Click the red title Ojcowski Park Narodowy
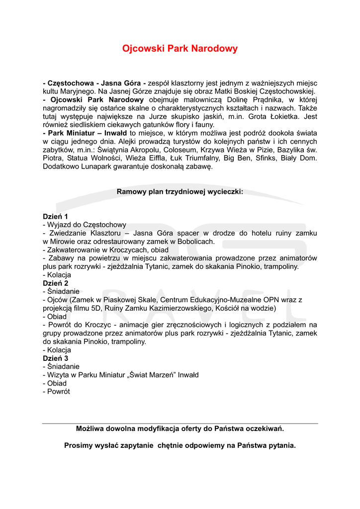[180, 49]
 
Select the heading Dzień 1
[56, 216]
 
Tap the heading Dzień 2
[56, 283]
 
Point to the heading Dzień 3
[56, 358]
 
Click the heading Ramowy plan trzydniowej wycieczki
[180, 191]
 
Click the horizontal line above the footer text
[180, 424]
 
